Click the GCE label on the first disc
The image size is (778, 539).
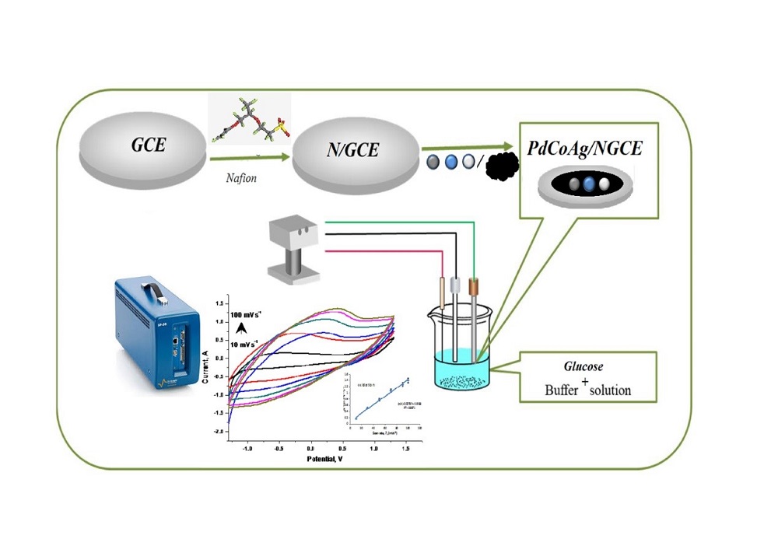click(x=148, y=145)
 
